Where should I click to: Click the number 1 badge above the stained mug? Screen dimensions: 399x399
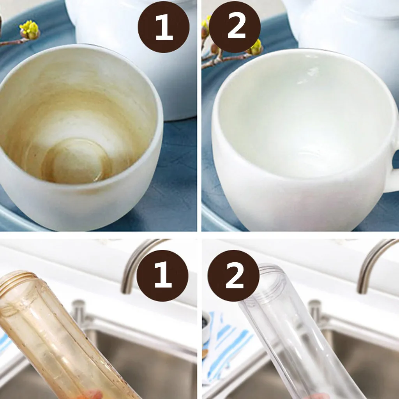pos(163,27)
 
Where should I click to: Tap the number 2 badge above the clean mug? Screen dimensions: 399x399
pos(235,27)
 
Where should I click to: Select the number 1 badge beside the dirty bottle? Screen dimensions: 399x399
pos(162,275)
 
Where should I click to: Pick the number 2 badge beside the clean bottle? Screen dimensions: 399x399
pos(234,275)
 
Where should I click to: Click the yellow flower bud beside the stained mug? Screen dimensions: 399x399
pos(30,30)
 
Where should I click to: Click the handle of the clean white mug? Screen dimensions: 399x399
pos(392,171)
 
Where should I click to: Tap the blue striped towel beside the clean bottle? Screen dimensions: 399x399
pos(226,349)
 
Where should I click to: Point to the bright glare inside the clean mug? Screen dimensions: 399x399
pos(309,75)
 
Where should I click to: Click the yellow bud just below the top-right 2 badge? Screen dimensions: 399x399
pos(256,48)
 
